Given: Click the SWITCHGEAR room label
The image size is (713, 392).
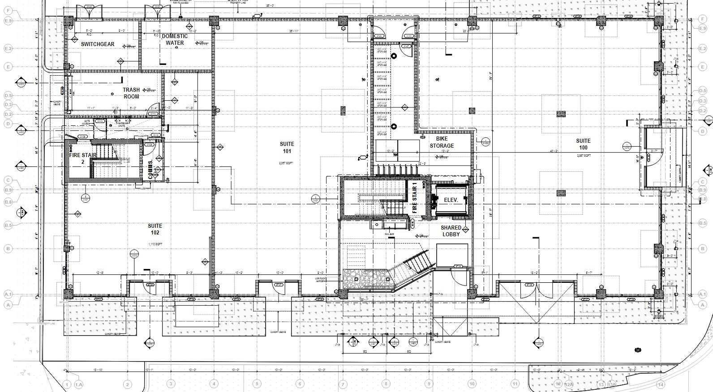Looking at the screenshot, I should (x=98, y=44).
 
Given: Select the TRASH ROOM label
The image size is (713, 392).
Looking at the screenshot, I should (x=131, y=93).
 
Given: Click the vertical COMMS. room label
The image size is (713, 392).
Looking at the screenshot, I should (x=151, y=169).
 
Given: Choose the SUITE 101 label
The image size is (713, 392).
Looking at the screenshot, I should (x=287, y=147).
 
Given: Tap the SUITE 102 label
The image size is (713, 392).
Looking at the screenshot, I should (x=155, y=229).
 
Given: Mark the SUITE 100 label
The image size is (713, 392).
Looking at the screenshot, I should (x=583, y=144).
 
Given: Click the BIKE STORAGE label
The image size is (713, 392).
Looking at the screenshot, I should (x=442, y=142).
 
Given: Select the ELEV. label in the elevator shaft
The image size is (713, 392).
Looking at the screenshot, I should (x=451, y=200).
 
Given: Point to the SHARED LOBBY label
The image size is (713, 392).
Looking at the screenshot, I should (x=451, y=231).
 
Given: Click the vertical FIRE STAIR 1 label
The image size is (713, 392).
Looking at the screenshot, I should (x=414, y=198).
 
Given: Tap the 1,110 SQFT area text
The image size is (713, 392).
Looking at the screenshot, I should (x=155, y=244).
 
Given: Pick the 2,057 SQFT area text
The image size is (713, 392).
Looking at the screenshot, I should (x=285, y=163).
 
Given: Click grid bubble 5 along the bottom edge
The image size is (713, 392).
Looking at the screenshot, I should (x=257, y=384).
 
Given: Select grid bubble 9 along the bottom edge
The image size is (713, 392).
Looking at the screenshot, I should (x=429, y=384).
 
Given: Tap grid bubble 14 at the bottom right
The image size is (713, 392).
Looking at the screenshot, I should (x=660, y=384).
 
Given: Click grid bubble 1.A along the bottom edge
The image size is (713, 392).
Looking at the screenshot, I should (x=79, y=384).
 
